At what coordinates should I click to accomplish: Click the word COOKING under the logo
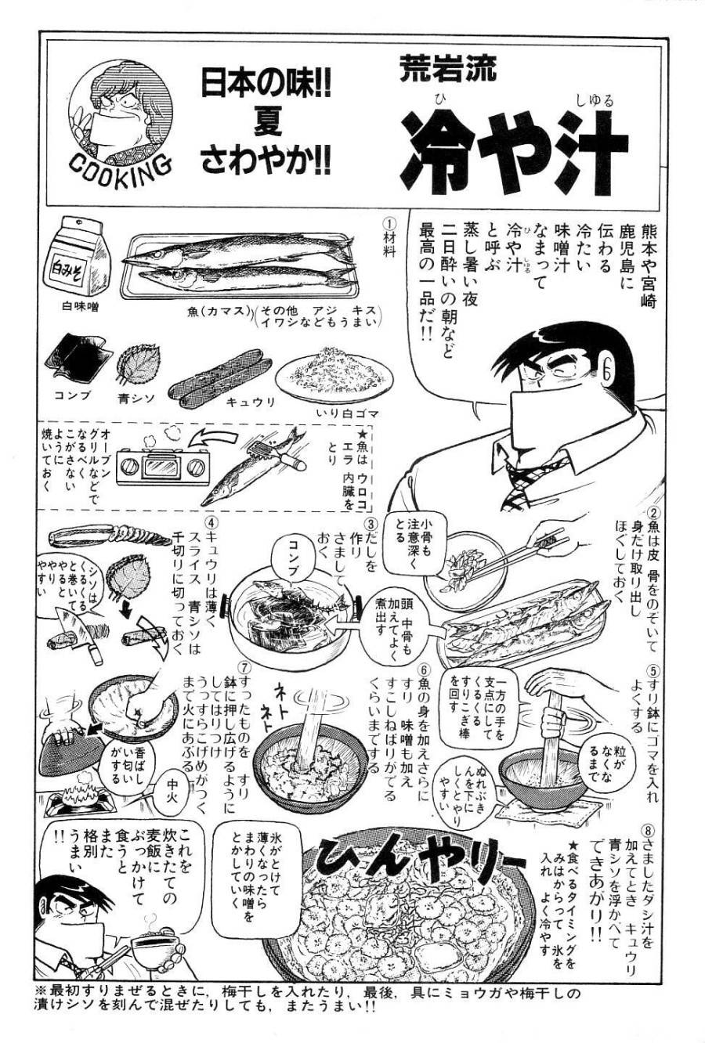point(118,164)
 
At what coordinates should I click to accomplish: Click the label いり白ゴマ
point(347,412)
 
